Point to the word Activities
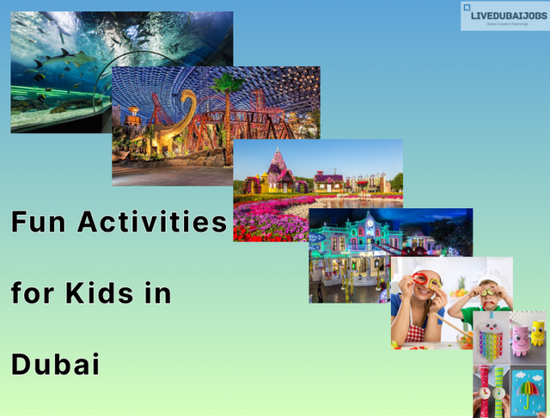[153, 222]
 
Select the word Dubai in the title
[56, 364]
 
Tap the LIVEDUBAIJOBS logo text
[509, 15]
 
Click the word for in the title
[31, 293]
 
